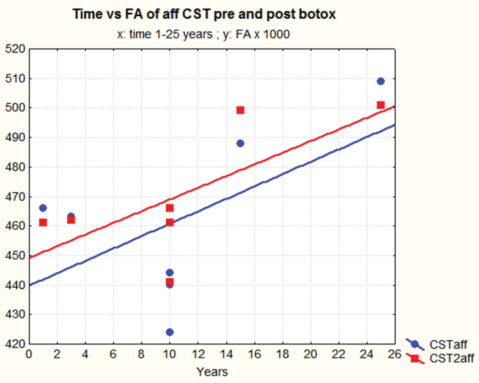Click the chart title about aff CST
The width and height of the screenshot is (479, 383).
click(204, 15)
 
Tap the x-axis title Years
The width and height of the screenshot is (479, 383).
click(212, 372)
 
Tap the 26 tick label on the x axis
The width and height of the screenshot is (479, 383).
click(395, 353)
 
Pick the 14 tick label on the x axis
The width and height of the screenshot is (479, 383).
click(226, 353)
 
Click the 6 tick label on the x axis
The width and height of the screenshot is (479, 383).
click(113, 353)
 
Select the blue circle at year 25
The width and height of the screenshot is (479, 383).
click(381, 81)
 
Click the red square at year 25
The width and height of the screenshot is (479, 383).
click(381, 105)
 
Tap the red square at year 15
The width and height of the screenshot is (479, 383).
click(240, 110)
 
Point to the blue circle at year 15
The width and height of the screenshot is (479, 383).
click(240, 143)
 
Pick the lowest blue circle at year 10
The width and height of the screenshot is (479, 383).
click(169, 332)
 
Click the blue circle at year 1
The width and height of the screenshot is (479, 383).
click(43, 208)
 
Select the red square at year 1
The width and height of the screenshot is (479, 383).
click(43, 223)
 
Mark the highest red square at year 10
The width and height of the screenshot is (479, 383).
click(169, 208)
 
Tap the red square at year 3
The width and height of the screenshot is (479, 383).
click(71, 220)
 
